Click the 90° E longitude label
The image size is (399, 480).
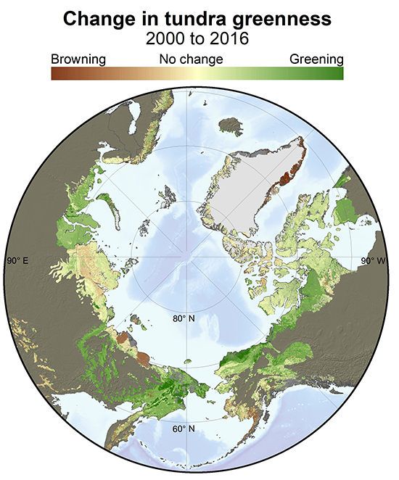(16, 260)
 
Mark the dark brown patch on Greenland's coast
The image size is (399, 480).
(290, 176)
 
